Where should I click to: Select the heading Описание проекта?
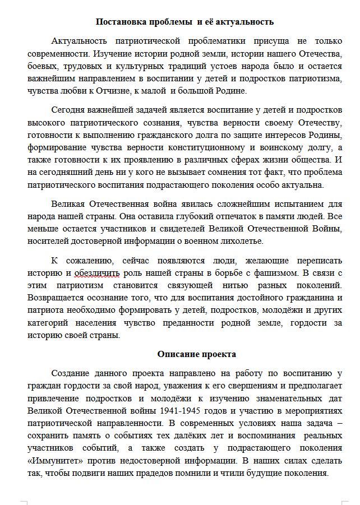[196, 354]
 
